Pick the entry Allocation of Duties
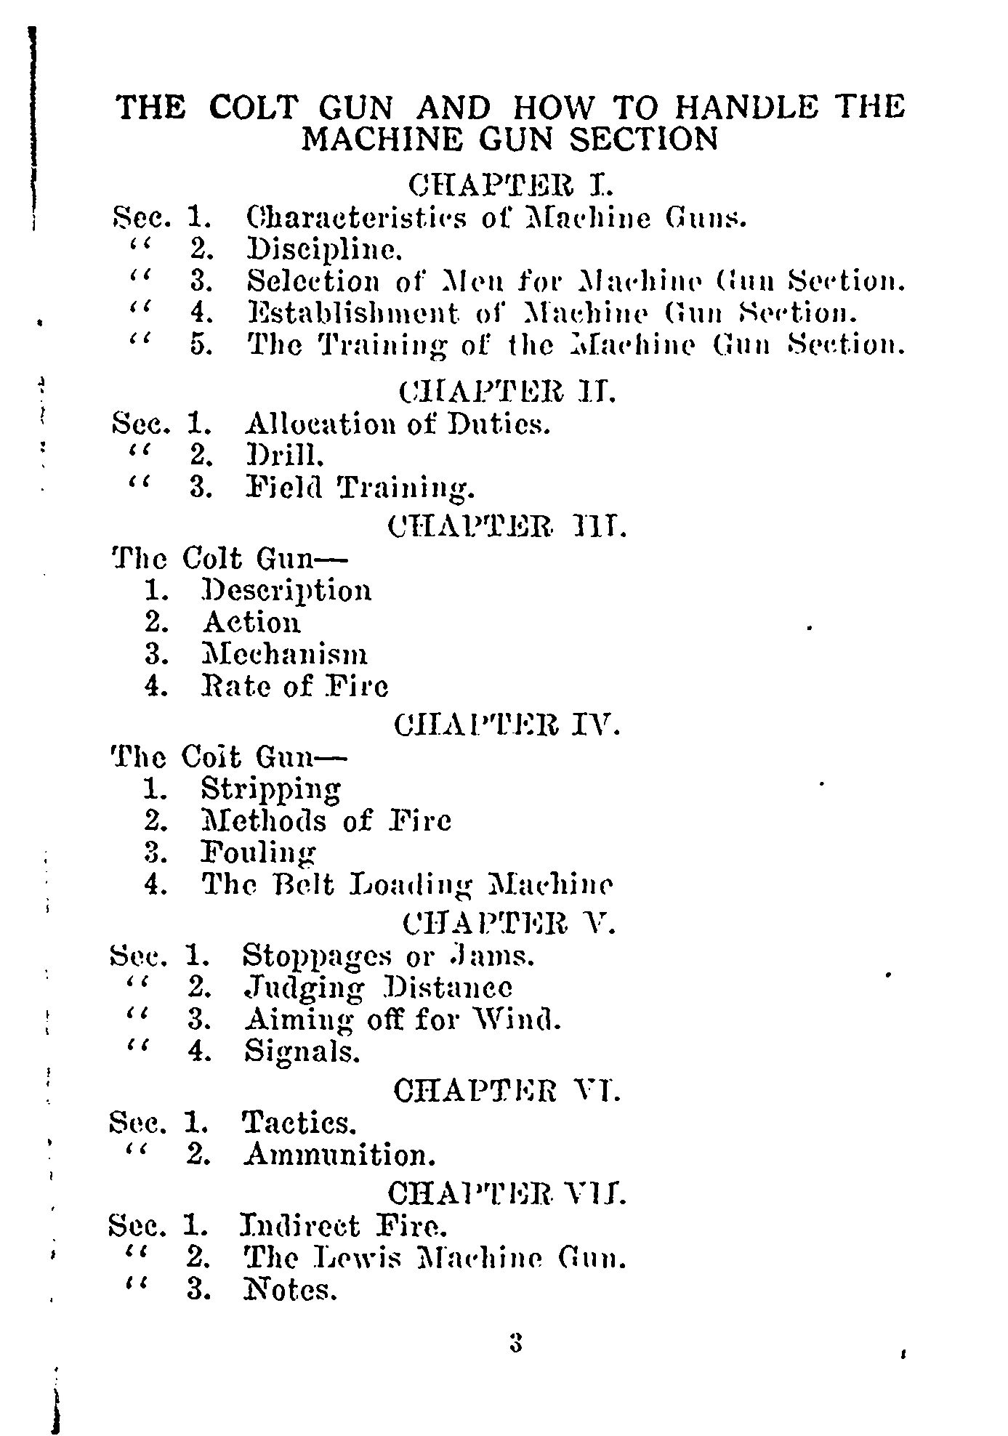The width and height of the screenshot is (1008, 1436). [398, 424]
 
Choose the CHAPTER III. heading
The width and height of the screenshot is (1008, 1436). [507, 526]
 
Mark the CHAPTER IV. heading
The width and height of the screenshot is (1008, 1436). [507, 725]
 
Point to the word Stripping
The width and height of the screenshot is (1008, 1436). [271, 788]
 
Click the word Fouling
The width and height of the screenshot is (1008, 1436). [259, 852]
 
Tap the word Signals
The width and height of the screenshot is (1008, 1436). [302, 1052]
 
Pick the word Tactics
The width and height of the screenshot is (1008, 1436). [299, 1124]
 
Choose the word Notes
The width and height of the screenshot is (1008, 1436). [290, 1291]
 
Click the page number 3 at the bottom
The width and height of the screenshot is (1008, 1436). [516, 1342]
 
